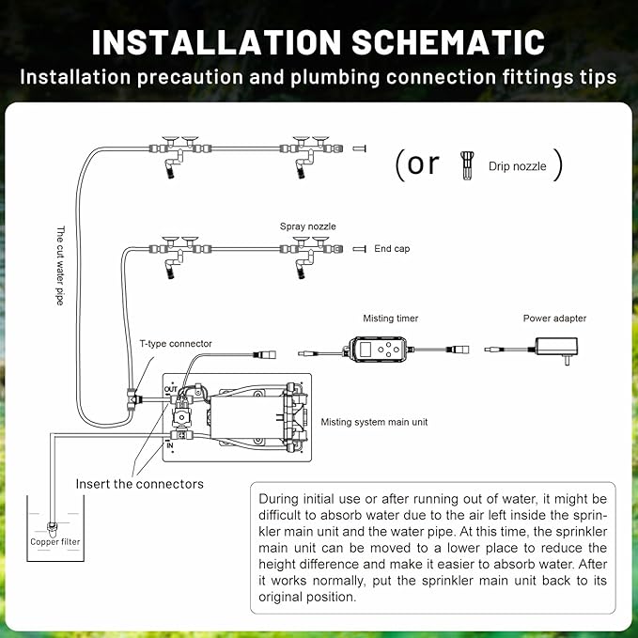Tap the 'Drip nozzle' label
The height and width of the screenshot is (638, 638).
pyautogui.click(x=518, y=166)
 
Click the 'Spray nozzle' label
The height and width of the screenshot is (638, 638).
pyautogui.click(x=307, y=226)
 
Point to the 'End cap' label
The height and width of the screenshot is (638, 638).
pyautogui.click(x=392, y=250)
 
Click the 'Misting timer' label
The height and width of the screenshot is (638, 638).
pyautogui.click(x=390, y=319)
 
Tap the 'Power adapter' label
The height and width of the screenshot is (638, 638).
pyautogui.click(x=554, y=319)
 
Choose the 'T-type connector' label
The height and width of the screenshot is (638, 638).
pyautogui.click(x=176, y=344)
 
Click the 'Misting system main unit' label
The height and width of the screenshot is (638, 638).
pyautogui.click(x=374, y=422)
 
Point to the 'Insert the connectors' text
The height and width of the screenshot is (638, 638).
pyautogui.click(x=139, y=484)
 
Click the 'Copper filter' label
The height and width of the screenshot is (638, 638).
pyautogui.click(x=55, y=541)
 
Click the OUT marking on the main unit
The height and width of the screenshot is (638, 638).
pyautogui.click(x=170, y=388)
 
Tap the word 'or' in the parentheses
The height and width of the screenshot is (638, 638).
pyautogui.click(x=423, y=163)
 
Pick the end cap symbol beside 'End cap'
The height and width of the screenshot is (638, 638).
pyautogui.click(x=359, y=250)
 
